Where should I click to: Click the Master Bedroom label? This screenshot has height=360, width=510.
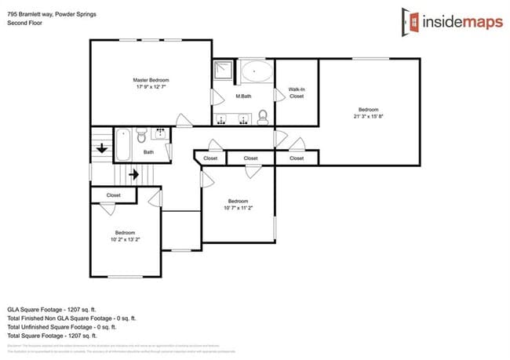[x=151, y=80]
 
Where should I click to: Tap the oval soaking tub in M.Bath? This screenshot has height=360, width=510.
[x=256, y=73]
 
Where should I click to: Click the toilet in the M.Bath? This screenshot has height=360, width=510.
[x=263, y=117]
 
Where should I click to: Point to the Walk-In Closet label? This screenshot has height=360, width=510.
[x=297, y=93]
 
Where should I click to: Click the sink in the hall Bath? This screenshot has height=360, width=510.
[x=160, y=133]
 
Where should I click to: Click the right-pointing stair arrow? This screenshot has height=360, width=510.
[x=133, y=174]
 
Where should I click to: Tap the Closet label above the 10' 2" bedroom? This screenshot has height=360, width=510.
[x=114, y=195]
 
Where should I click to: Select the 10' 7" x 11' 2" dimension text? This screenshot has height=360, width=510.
[x=238, y=208]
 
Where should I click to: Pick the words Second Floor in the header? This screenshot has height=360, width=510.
[x=24, y=24]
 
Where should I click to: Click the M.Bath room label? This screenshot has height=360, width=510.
[x=243, y=96]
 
